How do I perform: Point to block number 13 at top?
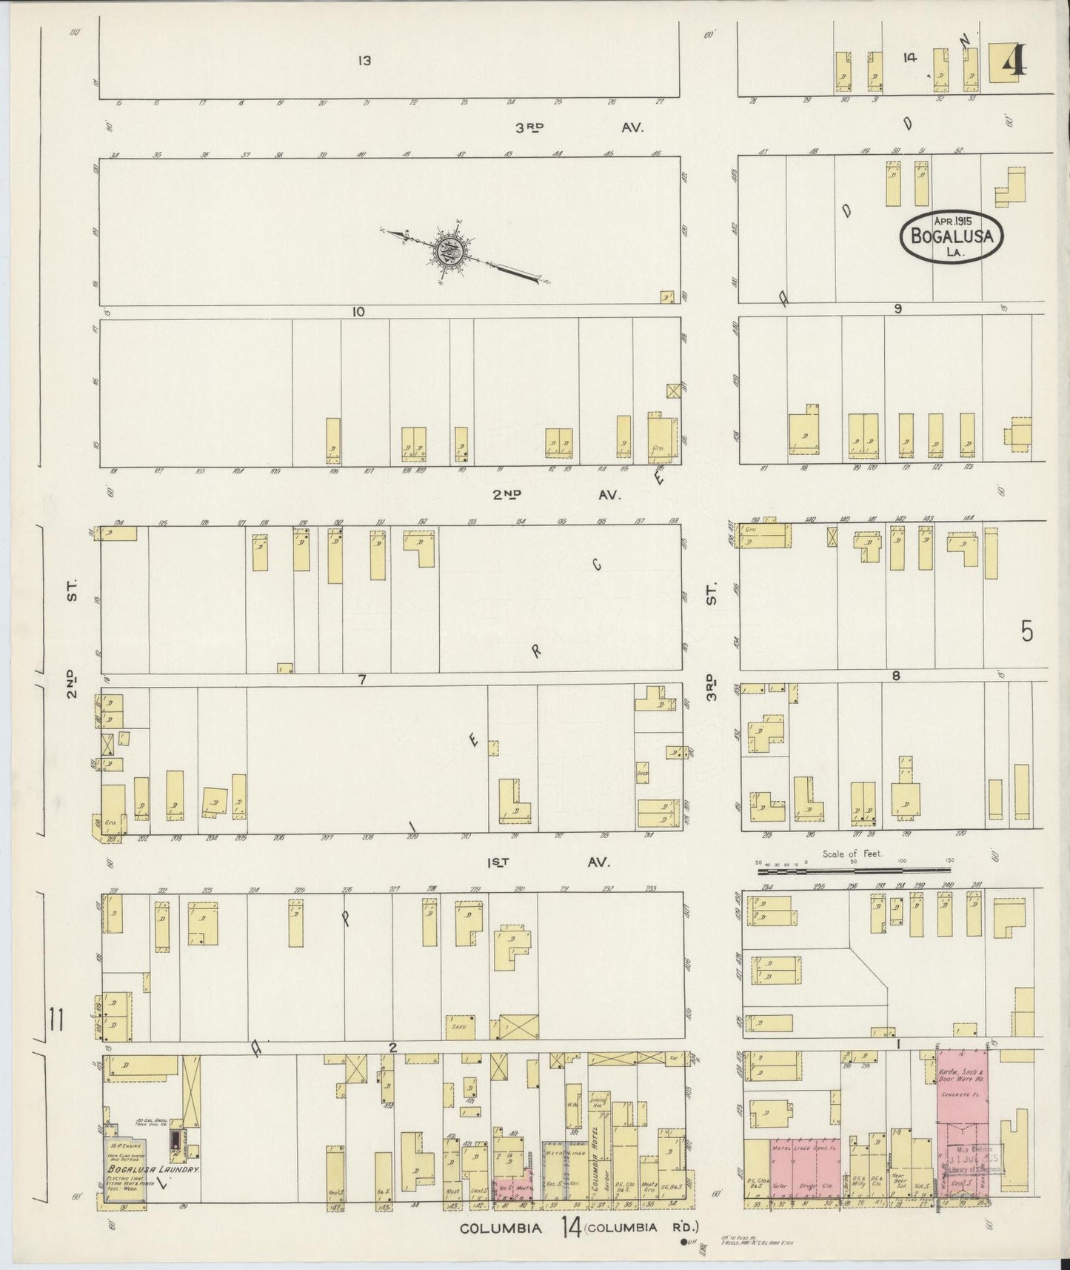(x=363, y=61)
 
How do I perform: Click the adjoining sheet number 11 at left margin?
(x=56, y=1020)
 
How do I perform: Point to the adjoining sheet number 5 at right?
(x=1026, y=631)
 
